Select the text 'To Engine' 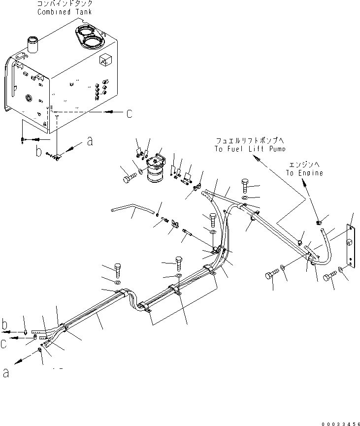click(x=305, y=173)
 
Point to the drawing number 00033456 click(x=338, y=422)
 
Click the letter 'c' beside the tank click(x=129, y=113)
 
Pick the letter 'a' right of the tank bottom click(x=89, y=142)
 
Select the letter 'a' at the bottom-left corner click(x=6, y=373)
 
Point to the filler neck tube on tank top click(x=33, y=43)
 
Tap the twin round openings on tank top click(x=89, y=38)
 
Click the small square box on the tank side click(x=105, y=60)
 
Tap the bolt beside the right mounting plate click(x=329, y=279)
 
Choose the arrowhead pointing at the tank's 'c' click(x=109, y=112)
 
